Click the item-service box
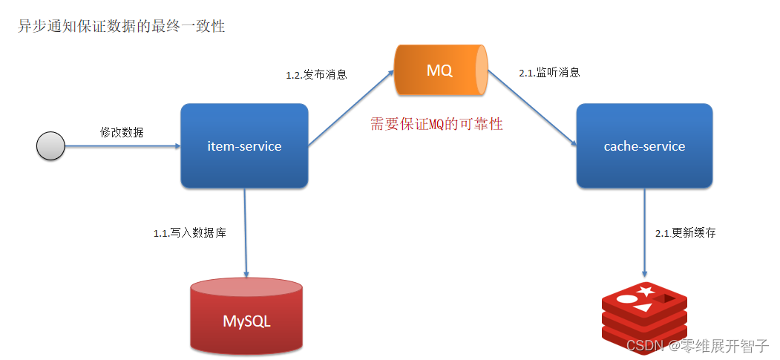244,146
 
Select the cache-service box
644,146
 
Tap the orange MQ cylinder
441,71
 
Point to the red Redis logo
643,315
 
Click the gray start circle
51,146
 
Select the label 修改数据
122,132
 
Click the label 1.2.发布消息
317,75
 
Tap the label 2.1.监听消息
549,73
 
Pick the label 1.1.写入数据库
189,233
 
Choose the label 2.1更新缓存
685,233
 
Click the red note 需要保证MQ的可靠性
436,124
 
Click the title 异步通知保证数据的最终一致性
121,27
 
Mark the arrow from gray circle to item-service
122,146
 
